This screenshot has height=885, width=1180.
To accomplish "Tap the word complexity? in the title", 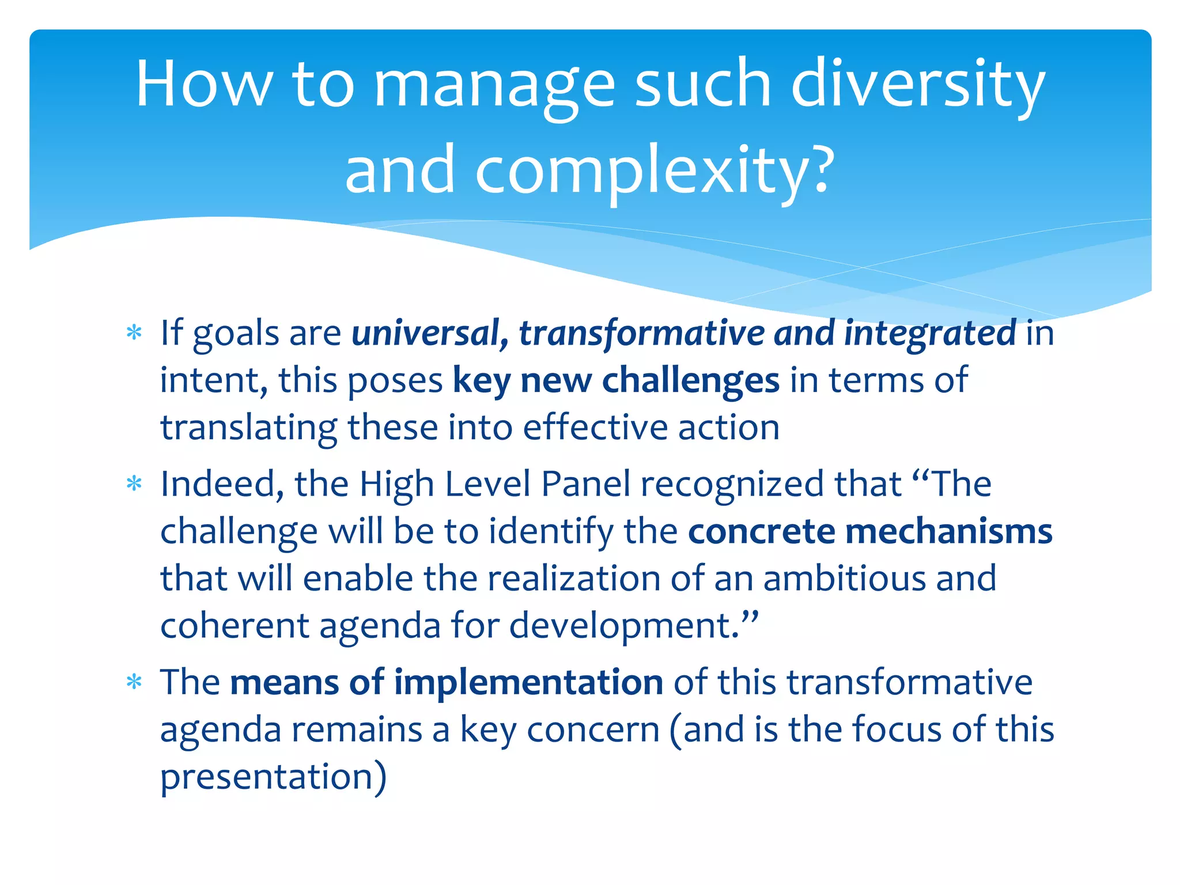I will (654, 170).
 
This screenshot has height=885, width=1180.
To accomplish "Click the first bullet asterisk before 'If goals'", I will (134, 333).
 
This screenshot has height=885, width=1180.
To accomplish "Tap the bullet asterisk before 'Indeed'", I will (134, 484).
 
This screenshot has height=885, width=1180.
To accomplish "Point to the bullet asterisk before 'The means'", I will (134, 683).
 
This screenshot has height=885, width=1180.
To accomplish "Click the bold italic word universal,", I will (430, 333).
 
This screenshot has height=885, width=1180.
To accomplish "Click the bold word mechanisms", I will (948, 531).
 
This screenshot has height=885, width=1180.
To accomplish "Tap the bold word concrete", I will (761, 531).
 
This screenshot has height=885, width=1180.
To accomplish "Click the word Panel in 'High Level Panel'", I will (585, 484).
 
